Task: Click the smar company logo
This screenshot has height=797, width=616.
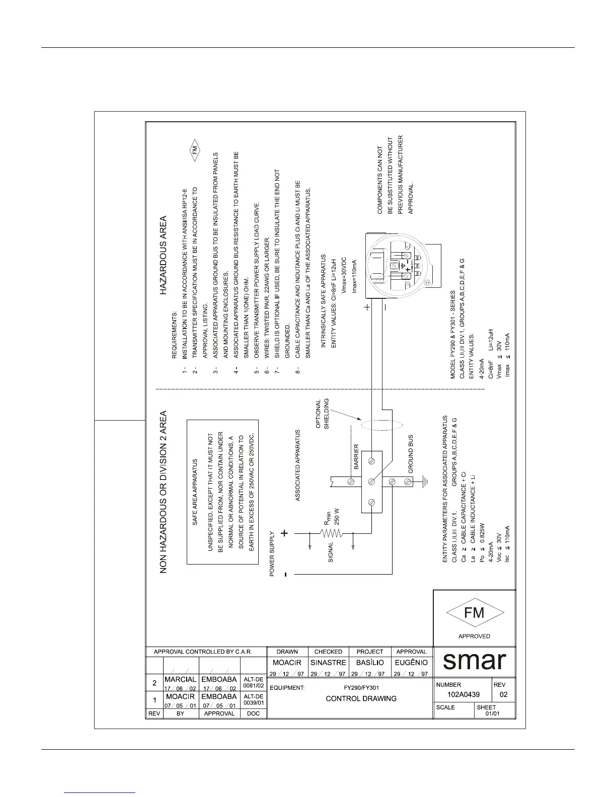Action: [x=474, y=661]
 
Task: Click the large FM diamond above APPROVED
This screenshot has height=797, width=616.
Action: [x=474, y=612]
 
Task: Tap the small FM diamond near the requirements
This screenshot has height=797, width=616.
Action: [x=195, y=150]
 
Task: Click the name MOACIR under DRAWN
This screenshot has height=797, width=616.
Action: [x=287, y=663]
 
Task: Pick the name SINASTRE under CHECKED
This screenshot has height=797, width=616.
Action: [x=328, y=663]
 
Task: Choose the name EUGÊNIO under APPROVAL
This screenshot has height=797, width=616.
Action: [x=411, y=663]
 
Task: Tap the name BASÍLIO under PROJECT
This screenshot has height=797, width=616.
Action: [x=370, y=663]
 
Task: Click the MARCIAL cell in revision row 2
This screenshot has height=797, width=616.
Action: [x=180, y=680]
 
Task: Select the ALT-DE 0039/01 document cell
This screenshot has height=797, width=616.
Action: [x=254, y=699]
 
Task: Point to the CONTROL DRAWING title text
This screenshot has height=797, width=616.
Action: [x=361, y=698]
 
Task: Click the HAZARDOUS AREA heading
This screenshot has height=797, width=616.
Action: [x=164, y=255]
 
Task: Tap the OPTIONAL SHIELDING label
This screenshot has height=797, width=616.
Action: [x=322, y=414]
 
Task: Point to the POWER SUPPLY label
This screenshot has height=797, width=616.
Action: [x=272, y=553]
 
